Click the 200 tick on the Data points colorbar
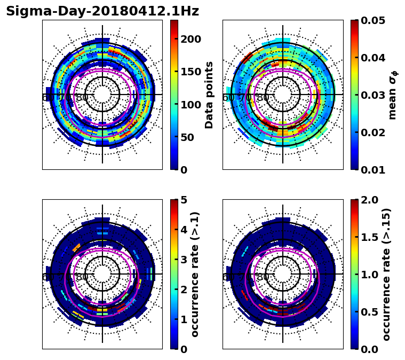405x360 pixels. pyautogui.click(x=191, y=39)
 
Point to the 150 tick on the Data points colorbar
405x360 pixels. pyautogui.click(x=191, y=72)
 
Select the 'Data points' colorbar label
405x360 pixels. pyautogui.click(x=209, y=95)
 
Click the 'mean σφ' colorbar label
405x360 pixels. pyautogui.click(x=392, y=95)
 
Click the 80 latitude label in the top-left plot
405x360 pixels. pyautogui.click(x=82, y=98)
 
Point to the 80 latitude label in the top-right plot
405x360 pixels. pyautogui.click(x=263, y=98)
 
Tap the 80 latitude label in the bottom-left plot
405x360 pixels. pyautogui.click(x=82, y=277)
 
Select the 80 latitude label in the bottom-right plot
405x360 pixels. pyautogui.click(x=263, y=277)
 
